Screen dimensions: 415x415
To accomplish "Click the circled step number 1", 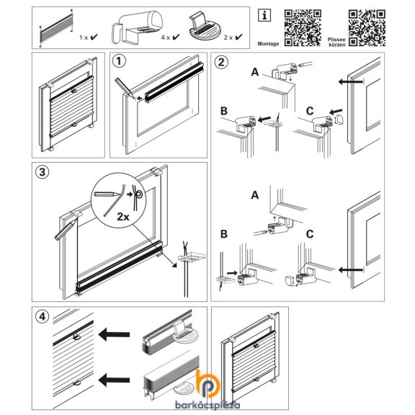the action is click(119, 61).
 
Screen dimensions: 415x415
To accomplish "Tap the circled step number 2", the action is click(221, 62).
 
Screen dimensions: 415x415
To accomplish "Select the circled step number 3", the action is click(43, 172).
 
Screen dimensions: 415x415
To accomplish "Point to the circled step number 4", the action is click(43, 316).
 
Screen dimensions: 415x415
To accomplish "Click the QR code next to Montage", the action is click(303, 28).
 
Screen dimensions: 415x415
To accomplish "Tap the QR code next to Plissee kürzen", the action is click(367, 28).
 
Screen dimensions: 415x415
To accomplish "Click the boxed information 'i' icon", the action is click(264, 15).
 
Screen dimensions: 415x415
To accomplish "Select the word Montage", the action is click(268, 44).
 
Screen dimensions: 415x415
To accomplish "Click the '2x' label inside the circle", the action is click(123, 217).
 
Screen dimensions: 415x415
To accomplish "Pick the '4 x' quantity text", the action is click(166, 37).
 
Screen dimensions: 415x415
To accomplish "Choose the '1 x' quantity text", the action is click(84, 37).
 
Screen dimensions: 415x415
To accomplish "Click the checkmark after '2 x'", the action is click(238, 37).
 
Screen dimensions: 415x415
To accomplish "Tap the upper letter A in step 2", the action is click(254, 72).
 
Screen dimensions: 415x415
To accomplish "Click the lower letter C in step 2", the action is click(310, 234).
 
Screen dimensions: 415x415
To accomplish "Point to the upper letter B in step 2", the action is click(224, 111).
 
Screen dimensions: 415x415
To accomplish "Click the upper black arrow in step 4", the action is click(114, 334).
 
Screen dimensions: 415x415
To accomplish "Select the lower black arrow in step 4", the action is click(114, 380).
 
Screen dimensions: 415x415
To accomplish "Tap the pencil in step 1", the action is click(125, 87).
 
